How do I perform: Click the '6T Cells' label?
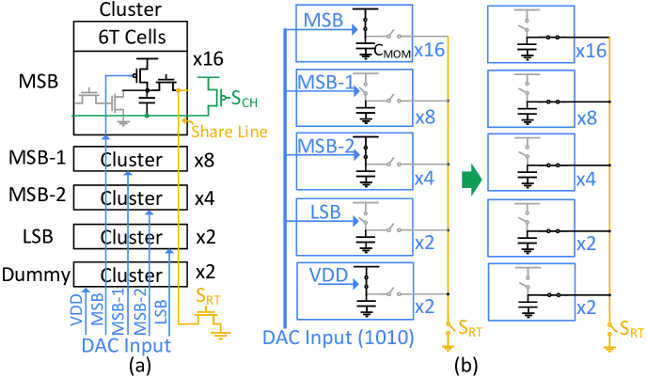(x=131, y=38)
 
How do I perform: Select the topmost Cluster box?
(x=131, y=160)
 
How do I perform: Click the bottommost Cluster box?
(x=131, y=275)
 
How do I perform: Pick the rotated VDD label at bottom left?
(x=78, y=309)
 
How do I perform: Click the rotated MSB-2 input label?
(x=138, y=305)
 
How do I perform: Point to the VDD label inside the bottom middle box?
(x=327, y=276)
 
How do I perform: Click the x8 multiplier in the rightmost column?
(x=586, y=118)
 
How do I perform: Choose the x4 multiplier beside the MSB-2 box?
(x=426, y=178)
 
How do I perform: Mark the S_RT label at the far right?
(x=631, y=331)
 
